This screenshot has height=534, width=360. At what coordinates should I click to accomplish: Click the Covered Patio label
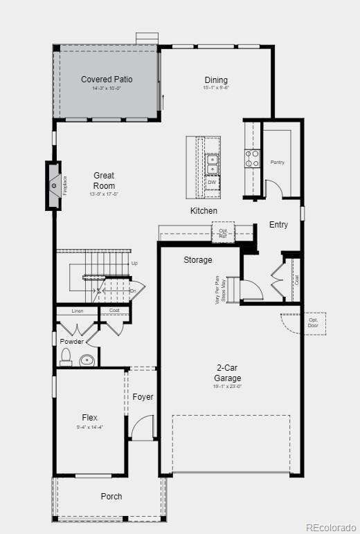(107, 80)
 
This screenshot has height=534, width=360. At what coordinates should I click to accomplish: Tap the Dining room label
(216, 80)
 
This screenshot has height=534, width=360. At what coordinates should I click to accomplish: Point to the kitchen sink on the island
(213, 164)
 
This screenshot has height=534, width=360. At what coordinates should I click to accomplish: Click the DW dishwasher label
(212, 183)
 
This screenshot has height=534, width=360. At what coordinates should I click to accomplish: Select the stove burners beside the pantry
(252, 158)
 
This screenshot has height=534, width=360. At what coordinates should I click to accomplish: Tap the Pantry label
(277, 163)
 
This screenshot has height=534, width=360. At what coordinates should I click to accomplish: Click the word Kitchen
(204, 210)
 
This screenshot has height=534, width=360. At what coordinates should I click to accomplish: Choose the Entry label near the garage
(279, 225)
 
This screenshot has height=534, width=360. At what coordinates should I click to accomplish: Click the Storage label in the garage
(198, 260)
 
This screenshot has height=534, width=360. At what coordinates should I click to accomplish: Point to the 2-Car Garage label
(227, 374)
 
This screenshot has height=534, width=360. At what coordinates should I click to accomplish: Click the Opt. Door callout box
(314, 324)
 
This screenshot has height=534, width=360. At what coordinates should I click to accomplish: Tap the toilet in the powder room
(66, 357)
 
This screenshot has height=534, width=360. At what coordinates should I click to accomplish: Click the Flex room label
(89, 418)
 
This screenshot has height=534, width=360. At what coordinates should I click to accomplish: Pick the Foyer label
(143, 397)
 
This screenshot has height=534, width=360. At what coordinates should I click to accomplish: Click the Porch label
(111, 496)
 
